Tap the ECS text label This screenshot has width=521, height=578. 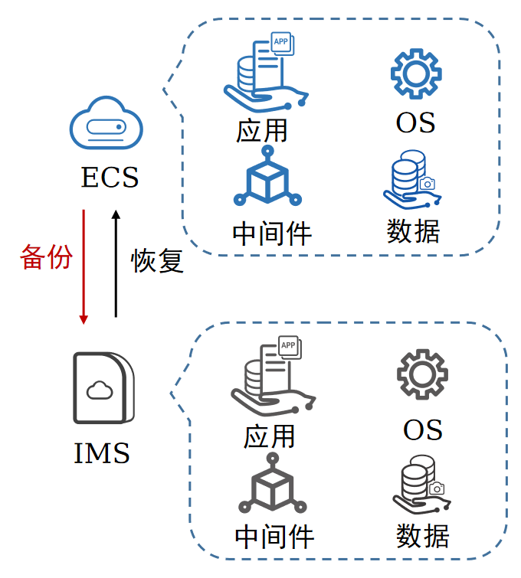pyautogui.click(x=110, y=178)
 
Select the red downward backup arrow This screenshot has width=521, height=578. pyautogui.click(x=84, y=267)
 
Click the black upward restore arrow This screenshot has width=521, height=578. pyautogui.click(x=116, y=263)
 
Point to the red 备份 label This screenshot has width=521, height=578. pyautogui.click(x=46, y=257)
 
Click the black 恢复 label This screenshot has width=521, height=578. pyautogui.click(x=157, y=260)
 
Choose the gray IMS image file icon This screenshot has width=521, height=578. pyautogui.click(x=103, y=388)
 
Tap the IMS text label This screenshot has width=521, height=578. pyautogui.click(x=102, y=452)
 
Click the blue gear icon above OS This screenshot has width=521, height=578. pyautogui.click(x=416, y=73)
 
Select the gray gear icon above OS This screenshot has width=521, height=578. pyautogui.click(x=422, y=374)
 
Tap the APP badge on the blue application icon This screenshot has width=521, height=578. pyautogui.click(x=282, y=43)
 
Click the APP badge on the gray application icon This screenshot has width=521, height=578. pyautogui.click(x=290, y=347)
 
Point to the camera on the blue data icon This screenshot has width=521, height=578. pyautogui.click(x=428, y=183)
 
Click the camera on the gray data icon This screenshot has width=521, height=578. pyautogui.click(x=437, y=488)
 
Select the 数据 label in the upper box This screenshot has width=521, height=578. pyautogui.click(x=413, y=231)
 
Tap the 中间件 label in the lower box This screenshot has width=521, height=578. pyautogui.click(x=274, y=537)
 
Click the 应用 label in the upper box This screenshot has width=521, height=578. pyautogui.click(x=261, y=131)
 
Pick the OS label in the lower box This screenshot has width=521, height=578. pyautogui.click(x=423, y=430)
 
